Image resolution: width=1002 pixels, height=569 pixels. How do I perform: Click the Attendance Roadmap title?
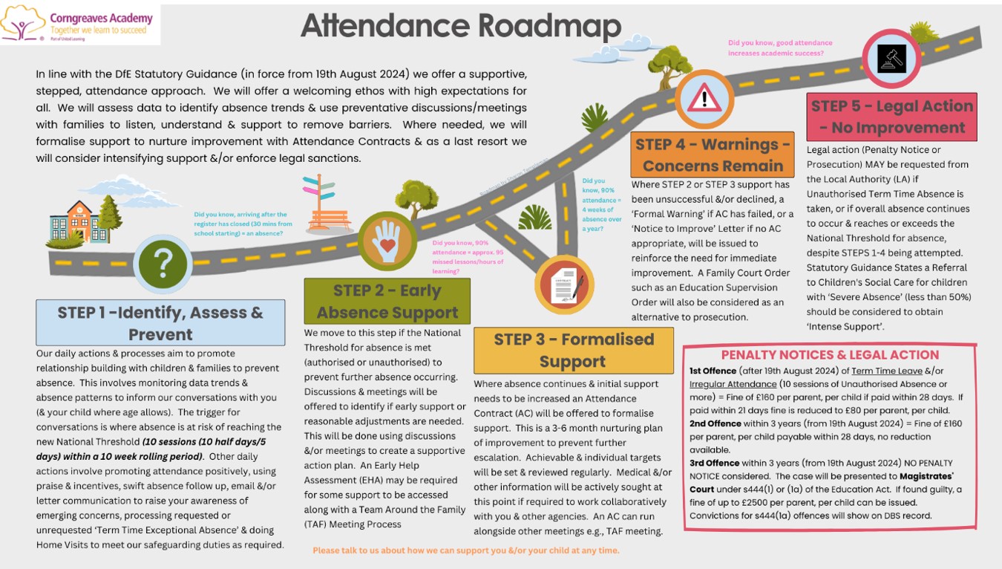click(460, 26)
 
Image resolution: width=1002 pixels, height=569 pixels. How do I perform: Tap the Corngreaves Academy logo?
click(79, 24)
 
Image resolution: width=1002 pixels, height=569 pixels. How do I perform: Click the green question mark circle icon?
click(163, 262)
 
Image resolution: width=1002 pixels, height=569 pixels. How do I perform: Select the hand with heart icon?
click(387, 241)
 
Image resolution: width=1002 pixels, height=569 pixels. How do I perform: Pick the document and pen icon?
click(564, 285)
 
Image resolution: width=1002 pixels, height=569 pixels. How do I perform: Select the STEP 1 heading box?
click(160, 322)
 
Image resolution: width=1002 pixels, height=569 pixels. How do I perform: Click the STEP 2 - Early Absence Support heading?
click(387, 301)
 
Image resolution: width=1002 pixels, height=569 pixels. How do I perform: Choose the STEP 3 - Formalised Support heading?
click(573, 350)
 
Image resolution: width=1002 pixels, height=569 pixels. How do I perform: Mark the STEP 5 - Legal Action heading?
click(891, 117)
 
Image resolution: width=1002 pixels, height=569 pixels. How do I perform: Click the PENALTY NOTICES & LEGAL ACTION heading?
click(830, 355)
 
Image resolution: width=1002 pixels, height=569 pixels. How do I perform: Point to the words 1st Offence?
click(713, 371)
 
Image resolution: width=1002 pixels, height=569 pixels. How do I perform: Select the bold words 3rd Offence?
click(715, 463)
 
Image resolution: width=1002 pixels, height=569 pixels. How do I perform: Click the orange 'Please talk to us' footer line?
click(465, 550)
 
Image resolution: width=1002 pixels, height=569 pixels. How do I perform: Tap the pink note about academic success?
click(780, 48)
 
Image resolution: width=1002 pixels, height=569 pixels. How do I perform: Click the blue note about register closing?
click(243, 224)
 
